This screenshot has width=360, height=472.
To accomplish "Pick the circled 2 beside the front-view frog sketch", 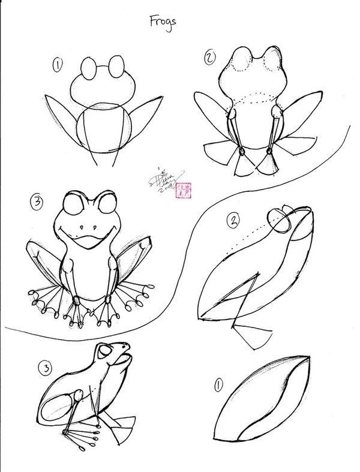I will click(209, 58).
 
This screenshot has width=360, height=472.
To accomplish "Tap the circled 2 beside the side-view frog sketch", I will click(232, 221).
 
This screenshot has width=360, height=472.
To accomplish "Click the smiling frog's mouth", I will click(89, 240).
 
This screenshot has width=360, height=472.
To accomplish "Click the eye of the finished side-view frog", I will click(106, 351).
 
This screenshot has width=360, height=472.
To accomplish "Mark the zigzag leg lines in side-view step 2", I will click(243, 297).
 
